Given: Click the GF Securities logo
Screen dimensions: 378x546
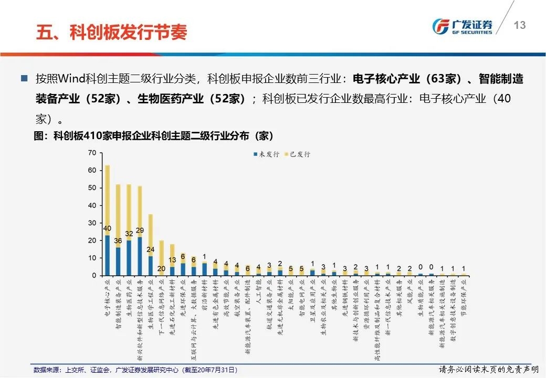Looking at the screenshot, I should tap(462, 26).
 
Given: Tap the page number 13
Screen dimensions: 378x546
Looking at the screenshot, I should tap(519, 25).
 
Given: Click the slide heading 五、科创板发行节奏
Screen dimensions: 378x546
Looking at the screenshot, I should tap(111, 32).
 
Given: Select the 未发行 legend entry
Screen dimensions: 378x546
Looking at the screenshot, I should tap(268, 154).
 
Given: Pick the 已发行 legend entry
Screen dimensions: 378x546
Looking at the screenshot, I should tap(299, 154).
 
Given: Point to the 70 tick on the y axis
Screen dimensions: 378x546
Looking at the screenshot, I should tap(92, 153).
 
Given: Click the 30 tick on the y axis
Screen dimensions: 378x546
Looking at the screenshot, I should tap(92, 223).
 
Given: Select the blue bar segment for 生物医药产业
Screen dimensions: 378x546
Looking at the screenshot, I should tap(129, 258).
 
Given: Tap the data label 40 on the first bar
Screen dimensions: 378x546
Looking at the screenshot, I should tap(107, 228).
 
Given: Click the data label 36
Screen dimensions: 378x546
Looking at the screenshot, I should tap(118, 241).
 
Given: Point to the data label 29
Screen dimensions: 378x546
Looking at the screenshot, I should tap(140, 230).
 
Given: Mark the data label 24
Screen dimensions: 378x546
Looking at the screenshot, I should tap(150, 250).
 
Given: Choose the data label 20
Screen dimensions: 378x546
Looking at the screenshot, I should tap(161, 269).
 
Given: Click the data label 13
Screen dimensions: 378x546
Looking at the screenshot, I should tap(172, 260).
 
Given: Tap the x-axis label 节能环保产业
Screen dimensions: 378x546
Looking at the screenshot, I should tap(464, 296).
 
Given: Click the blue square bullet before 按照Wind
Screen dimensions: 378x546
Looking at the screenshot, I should tap(24, 79).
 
